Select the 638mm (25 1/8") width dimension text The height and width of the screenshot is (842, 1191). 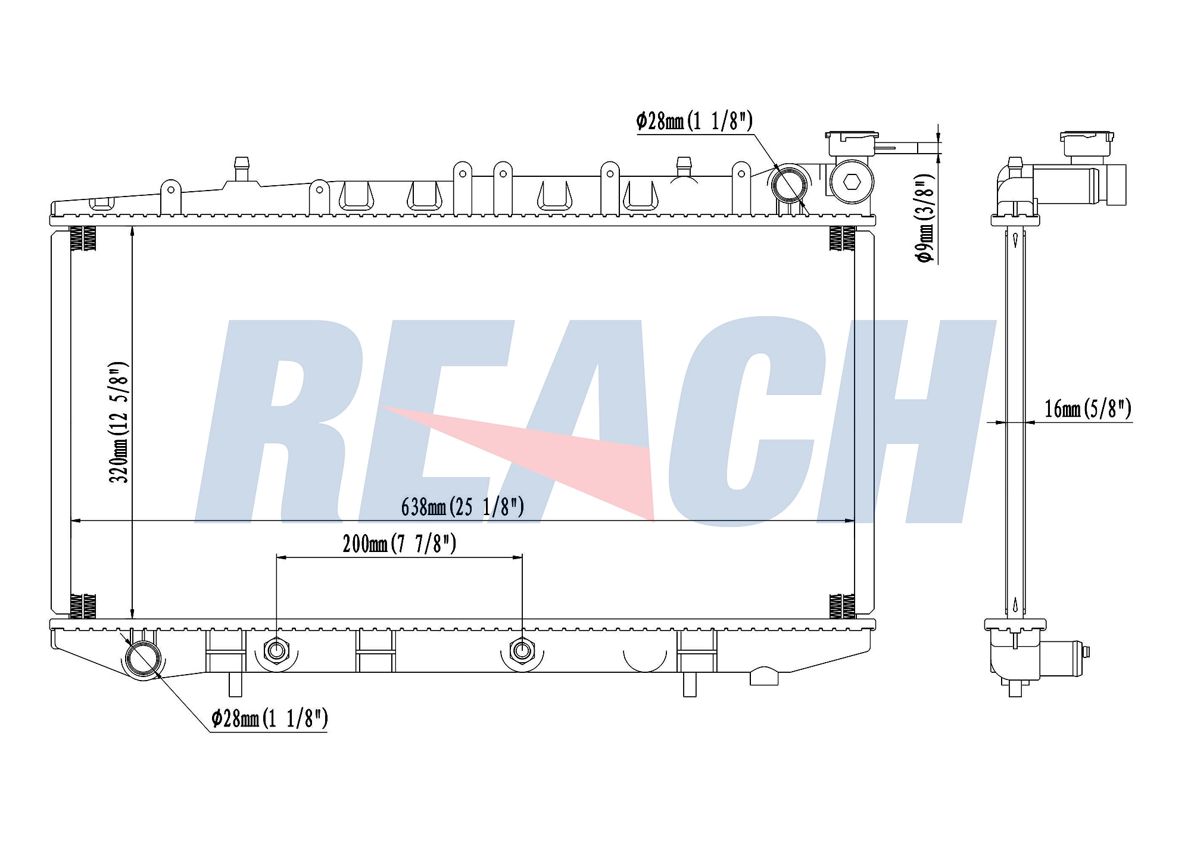click(463, 507)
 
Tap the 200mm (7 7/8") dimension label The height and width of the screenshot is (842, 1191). click(399, 544)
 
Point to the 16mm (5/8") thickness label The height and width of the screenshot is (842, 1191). click(1088, 409)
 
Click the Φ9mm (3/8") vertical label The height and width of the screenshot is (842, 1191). click(925, 219)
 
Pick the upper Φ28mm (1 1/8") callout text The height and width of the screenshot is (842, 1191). click(694, 121)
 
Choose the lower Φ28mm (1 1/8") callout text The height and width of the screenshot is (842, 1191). click(270, 719)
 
